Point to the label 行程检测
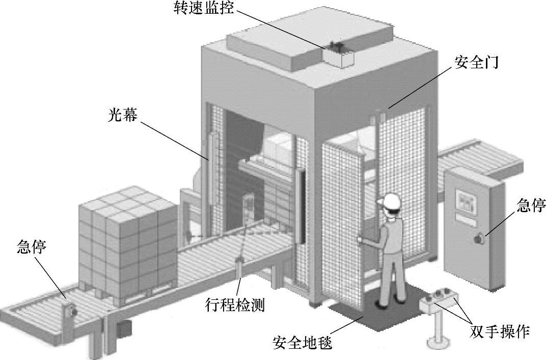tap(235, 306)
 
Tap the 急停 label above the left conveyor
tap(32, 248)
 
